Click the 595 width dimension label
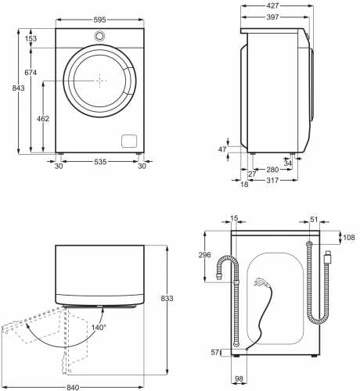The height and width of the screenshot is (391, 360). [x=99, y=20]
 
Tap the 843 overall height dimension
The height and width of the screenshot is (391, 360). [x=18, y=88]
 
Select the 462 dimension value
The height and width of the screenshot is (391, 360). [x=43, y=119]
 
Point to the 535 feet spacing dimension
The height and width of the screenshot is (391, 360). [x=100, y=162]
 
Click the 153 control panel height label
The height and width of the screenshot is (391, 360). [x=31, y=38]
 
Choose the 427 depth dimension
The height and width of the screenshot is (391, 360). [x=273, y=5]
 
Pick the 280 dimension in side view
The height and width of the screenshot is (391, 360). [x=272, y=170]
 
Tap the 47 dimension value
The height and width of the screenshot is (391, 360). [x=222, y=149]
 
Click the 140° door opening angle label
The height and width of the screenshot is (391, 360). [x=99, y=328]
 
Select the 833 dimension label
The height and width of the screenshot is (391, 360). [x=167, y=298]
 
